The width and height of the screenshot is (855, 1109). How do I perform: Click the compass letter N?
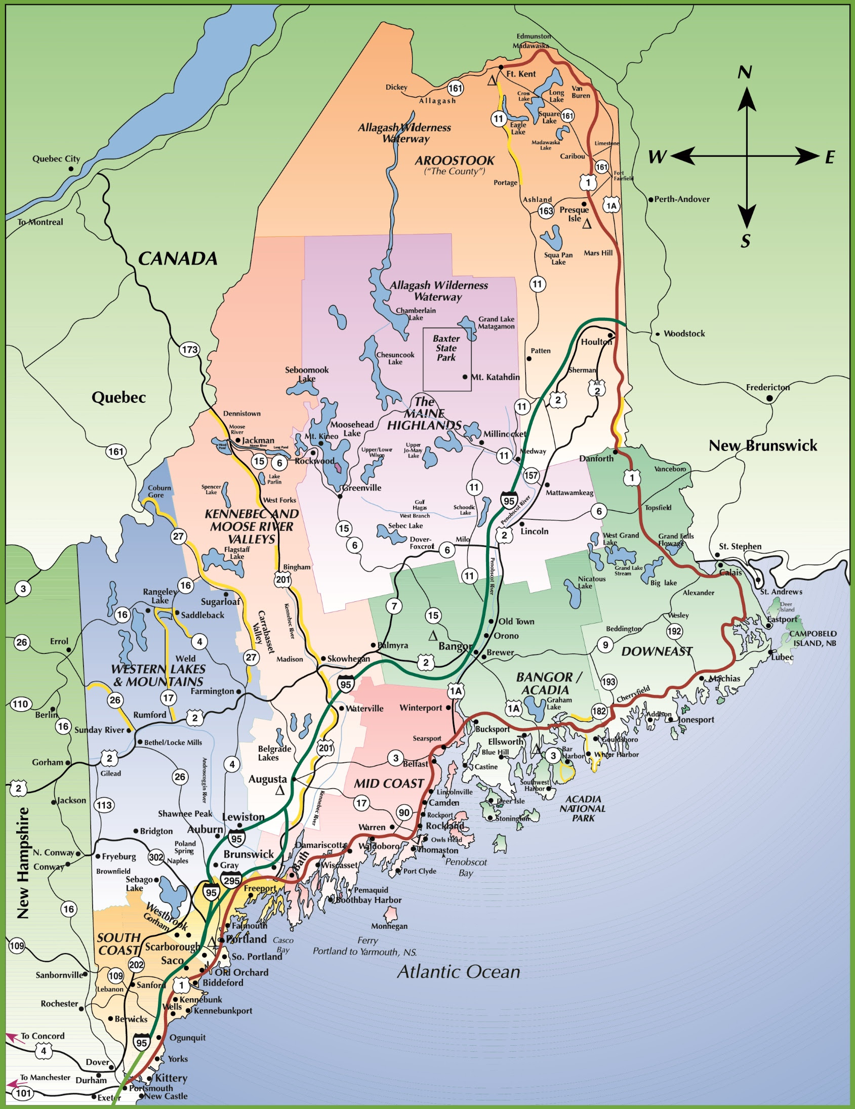(x=745, y=72)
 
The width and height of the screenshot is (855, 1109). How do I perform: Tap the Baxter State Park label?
(x=446, y=348)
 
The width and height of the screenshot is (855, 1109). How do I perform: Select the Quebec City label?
(x=56, y=158)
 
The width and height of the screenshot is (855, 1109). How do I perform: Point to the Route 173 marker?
(x=189, y=349)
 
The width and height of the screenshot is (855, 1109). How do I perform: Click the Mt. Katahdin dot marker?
(x=465, y=377)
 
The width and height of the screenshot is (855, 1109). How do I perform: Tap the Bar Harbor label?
(x=573, y=752)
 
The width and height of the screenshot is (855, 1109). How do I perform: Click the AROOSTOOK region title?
(x=454, y=160)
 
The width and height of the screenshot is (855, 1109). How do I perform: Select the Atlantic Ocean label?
(x=459, y=972)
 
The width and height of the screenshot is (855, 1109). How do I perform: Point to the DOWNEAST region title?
(x=657, y=651)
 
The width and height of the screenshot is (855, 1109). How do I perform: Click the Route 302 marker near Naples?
(x=156, y=857)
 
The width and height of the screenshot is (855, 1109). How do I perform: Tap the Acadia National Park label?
(x=583, y=808)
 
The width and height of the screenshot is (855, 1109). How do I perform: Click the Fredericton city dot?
(x=769, y=398)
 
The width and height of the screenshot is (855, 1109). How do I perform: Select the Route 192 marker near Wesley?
(x=674, y=631)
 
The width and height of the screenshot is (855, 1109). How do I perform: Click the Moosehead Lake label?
(x=352, y=429)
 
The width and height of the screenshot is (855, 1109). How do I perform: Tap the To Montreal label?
(x=40, y=222)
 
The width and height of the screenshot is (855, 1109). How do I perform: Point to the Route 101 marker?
(x=23, y=1093)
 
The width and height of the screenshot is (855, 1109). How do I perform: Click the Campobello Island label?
(x=812, y=638)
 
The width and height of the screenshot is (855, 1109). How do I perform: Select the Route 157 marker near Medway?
(x=531, y=475)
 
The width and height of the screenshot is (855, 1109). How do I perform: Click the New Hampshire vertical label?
(x=23, y=863)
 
